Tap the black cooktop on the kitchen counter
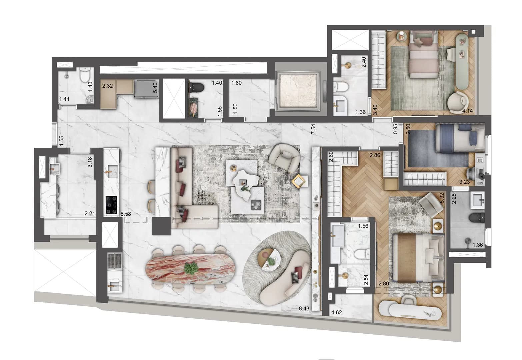click(x=111, y=204)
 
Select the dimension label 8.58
click(x=126, y=214)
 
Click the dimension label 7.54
click(x=313, y=129)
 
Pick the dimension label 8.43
click(x=304, y=309)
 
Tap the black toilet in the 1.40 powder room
click(x=198, y=87)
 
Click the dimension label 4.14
click(x=467, y=111)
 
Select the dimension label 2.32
click(x=107, y=86)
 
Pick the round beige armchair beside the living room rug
click(x=284, y=155)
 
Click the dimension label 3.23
click(x=464, y=182)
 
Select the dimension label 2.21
click(x=90, y=214)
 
